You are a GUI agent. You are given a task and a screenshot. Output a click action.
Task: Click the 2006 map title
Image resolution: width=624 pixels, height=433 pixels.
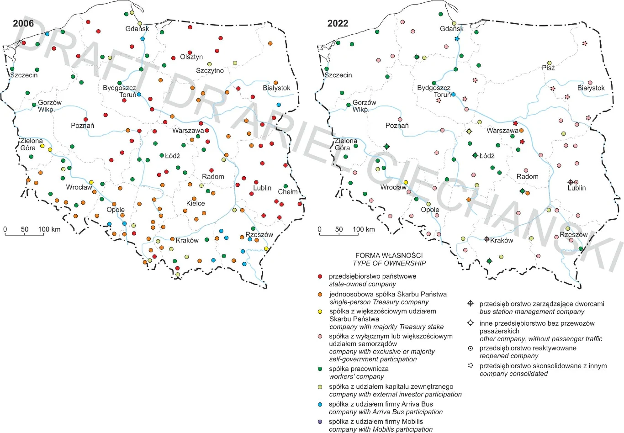23,24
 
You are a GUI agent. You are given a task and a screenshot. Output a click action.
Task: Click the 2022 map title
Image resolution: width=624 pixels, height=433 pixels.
338,24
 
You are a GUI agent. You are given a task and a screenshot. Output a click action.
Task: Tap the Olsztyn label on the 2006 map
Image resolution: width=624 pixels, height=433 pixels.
191,57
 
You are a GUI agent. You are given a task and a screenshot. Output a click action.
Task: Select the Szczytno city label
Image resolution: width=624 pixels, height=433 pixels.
210,71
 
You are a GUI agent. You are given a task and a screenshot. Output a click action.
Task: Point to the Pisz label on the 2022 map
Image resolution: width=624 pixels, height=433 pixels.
548,68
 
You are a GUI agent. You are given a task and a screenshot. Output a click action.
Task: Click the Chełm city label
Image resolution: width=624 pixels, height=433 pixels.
287,192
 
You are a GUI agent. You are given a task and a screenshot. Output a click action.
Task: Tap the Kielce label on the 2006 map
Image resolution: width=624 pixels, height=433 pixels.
196,204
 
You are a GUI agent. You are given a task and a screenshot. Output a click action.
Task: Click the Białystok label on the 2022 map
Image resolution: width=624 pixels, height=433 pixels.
591,88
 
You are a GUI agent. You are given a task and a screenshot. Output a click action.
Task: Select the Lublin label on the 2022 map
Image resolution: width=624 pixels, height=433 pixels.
576,188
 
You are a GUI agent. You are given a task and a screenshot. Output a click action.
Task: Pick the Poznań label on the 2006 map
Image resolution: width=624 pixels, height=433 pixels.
82,126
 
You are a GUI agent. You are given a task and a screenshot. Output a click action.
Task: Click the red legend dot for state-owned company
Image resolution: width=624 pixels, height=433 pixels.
320,276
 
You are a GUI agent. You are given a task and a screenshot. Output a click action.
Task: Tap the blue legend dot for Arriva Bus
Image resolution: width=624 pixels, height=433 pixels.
320,404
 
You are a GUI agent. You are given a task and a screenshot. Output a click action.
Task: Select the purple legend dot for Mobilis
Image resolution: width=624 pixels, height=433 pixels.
320,422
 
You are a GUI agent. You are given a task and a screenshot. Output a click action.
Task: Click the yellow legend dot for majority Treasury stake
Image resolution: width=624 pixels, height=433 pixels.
320,312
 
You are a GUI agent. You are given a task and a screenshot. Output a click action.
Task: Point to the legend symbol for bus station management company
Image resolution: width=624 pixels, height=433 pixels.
470,304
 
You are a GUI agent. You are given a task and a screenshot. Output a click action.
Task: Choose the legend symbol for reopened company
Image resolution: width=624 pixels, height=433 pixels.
470,348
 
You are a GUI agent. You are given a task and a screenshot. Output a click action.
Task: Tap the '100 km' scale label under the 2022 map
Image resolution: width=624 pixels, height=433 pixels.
364,229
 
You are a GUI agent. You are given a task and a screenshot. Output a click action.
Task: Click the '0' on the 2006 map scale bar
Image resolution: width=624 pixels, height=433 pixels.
5,229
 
